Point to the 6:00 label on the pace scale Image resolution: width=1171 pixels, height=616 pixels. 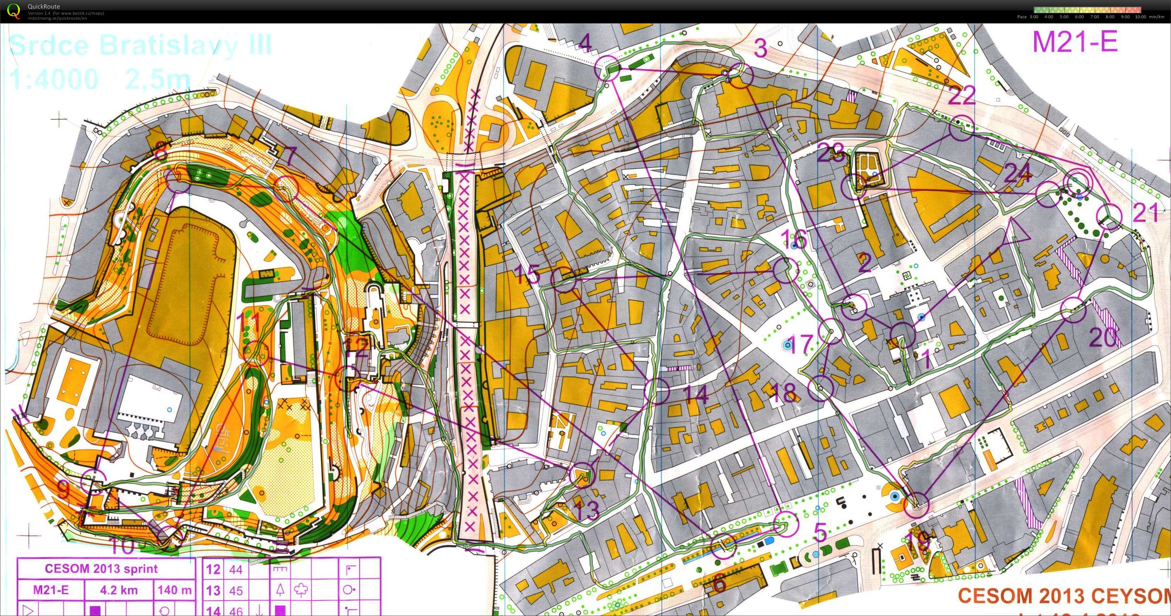pos(1079,17)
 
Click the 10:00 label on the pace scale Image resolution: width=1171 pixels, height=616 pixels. pos(1140,17)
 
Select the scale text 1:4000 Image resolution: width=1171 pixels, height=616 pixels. pos(54,79)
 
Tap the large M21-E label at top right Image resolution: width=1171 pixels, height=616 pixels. pos(1075,42)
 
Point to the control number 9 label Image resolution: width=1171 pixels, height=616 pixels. pos(64,490)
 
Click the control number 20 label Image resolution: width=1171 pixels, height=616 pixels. pos(1103,337)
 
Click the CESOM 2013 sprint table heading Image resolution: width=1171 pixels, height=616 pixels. pos(101,569)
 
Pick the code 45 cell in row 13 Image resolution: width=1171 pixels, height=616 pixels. pos(236,590)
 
